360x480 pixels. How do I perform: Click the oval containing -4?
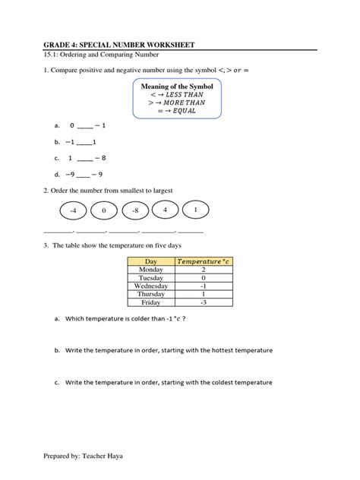pos(73,210)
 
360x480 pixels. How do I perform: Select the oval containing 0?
pos(104,210)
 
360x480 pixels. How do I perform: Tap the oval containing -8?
pos(134,210)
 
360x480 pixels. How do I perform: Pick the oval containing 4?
pos(165,209)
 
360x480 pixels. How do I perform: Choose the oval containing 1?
pos(195,209)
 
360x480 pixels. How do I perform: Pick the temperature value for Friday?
pos(204,302)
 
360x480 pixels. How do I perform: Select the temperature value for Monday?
pos(204,270)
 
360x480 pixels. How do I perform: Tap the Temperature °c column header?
pos(204,261)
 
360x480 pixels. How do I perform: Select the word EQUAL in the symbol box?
pos(185,110)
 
